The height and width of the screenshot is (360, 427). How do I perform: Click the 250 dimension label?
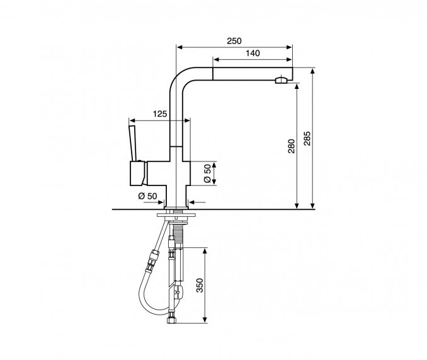click(234, 41)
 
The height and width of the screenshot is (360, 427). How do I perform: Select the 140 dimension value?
click(253, 53)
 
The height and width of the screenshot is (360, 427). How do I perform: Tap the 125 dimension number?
click(160, 114)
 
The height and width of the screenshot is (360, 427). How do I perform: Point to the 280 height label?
click(292, 146)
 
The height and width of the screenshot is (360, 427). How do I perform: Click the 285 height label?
click(307, 139)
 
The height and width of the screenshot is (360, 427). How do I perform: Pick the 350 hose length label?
click(200, 286)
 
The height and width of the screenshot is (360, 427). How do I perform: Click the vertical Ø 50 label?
click(207, 173)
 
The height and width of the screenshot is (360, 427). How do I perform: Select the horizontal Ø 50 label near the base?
click(147, 196)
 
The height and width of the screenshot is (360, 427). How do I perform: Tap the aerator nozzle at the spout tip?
click(282, 81)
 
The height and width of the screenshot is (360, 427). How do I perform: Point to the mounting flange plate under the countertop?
click(176, 215)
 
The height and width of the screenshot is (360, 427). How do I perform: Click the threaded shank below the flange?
click(178, 232)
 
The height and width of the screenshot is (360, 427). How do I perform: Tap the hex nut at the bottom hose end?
click(172, 320)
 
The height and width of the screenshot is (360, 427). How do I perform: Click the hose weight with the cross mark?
click(178, 293)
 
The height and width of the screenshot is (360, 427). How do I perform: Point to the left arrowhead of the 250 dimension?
click(179, 47)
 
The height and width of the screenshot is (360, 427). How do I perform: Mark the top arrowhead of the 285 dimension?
click(312, 71)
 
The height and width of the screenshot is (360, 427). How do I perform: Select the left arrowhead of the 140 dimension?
click(215, 59)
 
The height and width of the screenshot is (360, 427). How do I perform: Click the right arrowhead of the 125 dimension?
click(187, 120)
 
